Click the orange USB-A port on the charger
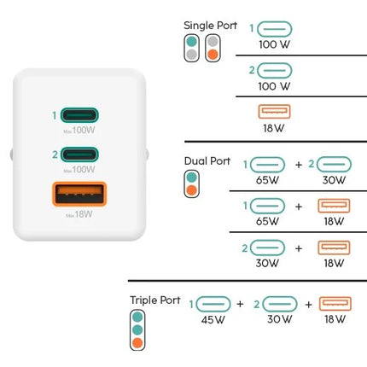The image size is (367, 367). pos(79,194)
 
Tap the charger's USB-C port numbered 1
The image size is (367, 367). pos(79,115)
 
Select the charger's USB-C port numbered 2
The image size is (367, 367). pos(79,154)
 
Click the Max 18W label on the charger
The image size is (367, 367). pos(79,214)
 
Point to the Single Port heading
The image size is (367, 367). pos(210,26)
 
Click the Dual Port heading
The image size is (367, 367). pos(207,161)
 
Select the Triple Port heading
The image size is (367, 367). pos(155,300)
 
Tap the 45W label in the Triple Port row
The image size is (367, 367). pos(213,320)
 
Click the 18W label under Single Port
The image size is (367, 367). pos(273,128)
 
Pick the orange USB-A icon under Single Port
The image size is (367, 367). pos(274,112)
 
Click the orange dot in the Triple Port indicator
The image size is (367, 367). pos(137,342)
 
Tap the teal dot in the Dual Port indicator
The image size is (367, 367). pos(192,178)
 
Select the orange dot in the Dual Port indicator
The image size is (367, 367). pos(192,190)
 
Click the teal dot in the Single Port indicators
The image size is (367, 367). pos(192,42)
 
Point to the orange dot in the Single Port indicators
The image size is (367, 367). pos(213,54)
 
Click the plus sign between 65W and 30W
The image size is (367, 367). pos(299,165)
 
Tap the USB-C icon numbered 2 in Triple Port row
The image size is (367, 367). pos(280,304)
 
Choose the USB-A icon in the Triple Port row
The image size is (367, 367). pos(335,304)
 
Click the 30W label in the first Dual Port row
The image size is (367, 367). pos(334,180)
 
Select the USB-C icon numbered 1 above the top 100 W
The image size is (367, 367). pos(275,29)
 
